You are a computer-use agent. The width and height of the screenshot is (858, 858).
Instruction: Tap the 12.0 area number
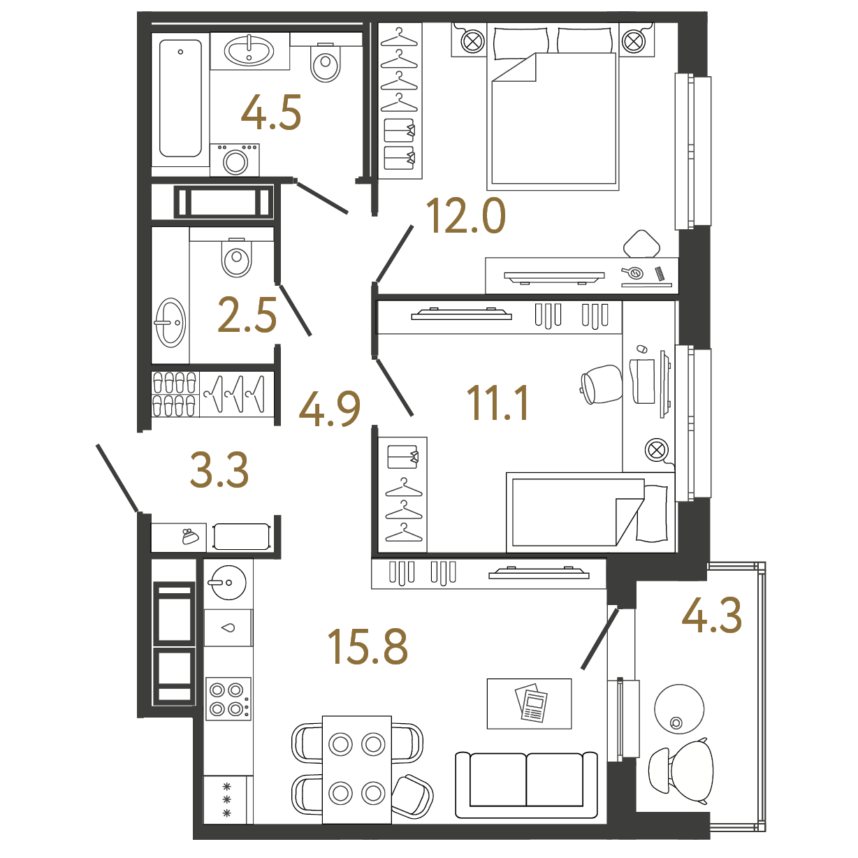[466, 216]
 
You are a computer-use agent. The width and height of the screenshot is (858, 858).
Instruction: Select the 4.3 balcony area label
[711, 615]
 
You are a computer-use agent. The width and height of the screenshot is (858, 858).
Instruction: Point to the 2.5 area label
[247, 315]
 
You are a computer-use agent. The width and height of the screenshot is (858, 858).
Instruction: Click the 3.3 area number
[219, 470]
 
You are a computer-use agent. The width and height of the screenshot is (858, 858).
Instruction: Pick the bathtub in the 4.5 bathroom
[180, 99]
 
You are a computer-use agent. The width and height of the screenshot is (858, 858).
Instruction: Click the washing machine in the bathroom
[235, 160]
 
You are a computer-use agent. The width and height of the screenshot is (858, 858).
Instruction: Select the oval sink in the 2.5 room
[170, 322]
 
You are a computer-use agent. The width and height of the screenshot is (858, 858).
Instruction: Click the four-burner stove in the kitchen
[228, 699]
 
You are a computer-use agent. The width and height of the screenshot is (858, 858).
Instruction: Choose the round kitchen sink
[228, 583]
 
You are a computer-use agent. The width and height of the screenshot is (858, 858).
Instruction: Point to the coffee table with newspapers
[529, 704]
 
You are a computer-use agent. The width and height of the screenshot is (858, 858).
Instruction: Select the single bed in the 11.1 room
[590, 512]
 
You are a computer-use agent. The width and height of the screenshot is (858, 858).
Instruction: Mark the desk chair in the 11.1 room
[602, 384]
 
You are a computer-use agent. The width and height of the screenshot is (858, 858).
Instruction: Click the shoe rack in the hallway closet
[175, 394]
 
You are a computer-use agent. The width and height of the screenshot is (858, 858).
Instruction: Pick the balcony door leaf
[599, 639]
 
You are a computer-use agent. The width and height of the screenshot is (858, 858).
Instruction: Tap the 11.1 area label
[497, 403]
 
